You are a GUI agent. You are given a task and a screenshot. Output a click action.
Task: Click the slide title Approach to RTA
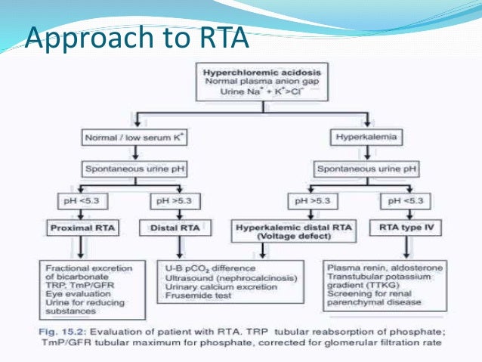tap(136, 38)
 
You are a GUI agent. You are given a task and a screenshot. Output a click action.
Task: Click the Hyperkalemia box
tap(366, 138)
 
